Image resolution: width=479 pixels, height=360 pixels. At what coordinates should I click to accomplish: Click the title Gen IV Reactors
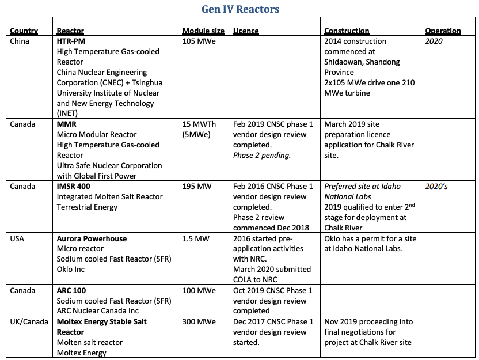pos(240,9)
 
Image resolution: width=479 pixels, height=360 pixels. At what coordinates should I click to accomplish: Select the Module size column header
pos(204,31)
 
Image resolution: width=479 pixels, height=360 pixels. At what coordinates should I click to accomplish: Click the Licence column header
pos(246,31)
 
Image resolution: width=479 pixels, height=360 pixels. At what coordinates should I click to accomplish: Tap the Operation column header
pos(443,31)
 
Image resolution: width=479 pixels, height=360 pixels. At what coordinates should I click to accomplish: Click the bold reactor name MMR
pos(67,124)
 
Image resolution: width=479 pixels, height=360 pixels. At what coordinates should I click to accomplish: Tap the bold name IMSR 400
pos(73,187)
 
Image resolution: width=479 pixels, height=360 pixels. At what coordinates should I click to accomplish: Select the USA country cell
pos(18,238)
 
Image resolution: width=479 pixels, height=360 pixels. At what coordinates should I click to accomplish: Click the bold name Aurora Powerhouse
pos(92,238)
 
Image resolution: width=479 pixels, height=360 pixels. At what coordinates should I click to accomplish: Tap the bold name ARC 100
pos(71,290)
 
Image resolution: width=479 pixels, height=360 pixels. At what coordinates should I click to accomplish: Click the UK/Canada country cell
pos(29,321)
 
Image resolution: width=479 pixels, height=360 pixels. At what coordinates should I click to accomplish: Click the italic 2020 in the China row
pos(434,41)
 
